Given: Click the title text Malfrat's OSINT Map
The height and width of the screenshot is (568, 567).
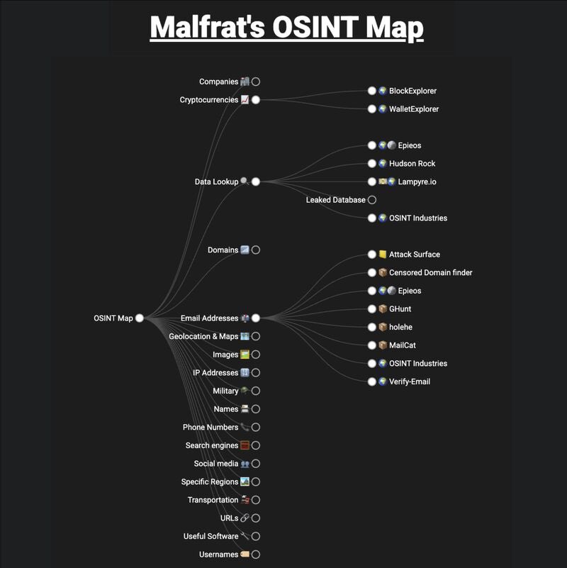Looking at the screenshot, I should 286,28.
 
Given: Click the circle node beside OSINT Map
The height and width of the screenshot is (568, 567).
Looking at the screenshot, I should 140,318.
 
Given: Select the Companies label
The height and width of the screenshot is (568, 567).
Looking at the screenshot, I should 218,82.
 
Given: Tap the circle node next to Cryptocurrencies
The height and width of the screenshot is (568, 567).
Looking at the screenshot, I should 256,100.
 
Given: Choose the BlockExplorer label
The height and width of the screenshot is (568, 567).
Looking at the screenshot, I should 412,91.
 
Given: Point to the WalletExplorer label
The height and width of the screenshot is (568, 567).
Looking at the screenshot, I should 414,109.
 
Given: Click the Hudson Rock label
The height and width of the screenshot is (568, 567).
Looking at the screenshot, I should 412,164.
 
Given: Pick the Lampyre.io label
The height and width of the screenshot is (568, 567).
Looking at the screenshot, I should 417,182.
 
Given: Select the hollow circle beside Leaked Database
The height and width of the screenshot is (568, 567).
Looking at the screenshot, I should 372,200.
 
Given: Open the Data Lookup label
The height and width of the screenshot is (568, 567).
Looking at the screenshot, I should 216,182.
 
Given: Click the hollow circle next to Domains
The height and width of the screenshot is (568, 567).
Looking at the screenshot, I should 256,250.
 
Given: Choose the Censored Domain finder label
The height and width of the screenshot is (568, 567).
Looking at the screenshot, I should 430,273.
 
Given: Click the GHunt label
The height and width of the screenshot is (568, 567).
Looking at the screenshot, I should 400,309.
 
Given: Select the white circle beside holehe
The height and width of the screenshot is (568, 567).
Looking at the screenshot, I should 372,327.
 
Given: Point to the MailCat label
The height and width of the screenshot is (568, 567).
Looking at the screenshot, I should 403,345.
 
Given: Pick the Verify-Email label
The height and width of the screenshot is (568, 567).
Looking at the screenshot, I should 409,382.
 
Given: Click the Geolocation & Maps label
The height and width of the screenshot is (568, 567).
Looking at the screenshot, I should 203,336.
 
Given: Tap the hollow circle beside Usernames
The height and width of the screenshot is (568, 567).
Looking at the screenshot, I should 256,555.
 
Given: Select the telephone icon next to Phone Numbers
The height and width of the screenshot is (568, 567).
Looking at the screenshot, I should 245,428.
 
